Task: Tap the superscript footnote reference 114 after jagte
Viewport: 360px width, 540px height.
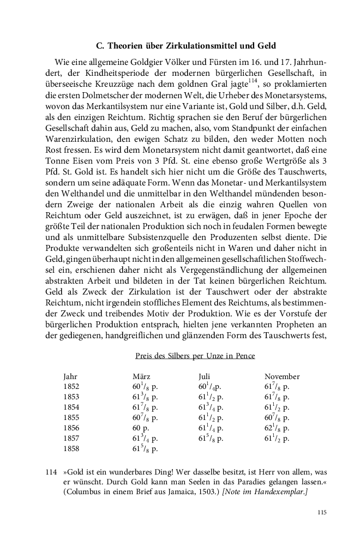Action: pyautogui.click(x=251, y=80)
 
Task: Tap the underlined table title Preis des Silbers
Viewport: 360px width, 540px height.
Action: pyautogui.click(x=195, y=356)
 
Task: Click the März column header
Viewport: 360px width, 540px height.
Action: pyautogui.click(x=141, y=377)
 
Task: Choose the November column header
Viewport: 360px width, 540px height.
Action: pyautogui.click(x=281, y=377)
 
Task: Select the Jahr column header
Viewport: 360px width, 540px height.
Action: pyautogui.click(x=70, y=377)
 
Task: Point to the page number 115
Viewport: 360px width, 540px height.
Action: pyautogui.click(x=321, y=512)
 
